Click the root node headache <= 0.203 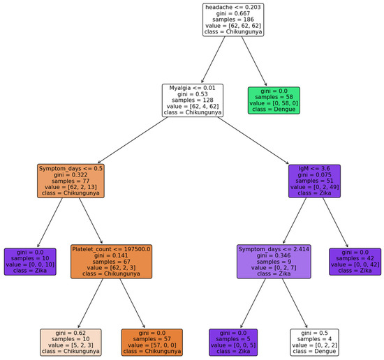233,20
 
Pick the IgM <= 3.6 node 314,181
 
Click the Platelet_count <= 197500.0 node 111,261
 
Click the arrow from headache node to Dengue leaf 255,61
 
